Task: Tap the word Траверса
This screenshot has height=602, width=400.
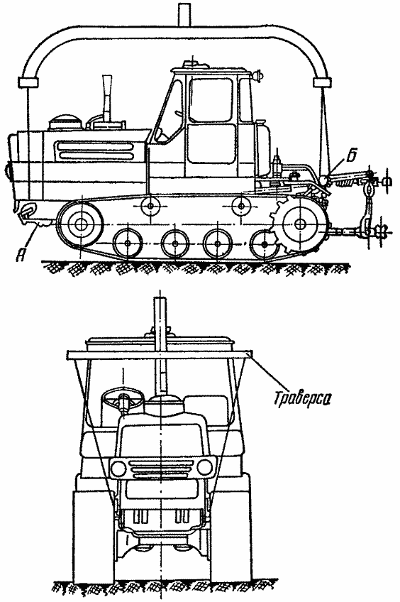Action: click(x=302, y=398)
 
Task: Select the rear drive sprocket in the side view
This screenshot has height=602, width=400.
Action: click(x=301, y=223)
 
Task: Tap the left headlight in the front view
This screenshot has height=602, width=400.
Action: click(x=118, y=467)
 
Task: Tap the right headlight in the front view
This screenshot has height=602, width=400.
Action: click(x=204, y=467)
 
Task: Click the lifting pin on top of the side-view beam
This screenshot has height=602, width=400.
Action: click(x=184, y=15)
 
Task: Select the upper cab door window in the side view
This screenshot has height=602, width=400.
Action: click(x=211, y=101)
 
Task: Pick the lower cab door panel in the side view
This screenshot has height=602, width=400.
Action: click(x=211, y=143)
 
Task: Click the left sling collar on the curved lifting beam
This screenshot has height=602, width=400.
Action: click(x=28, y=82)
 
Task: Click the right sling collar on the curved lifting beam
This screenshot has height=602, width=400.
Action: click(x=322, y=82)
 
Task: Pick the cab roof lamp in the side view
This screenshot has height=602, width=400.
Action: click(x=257, y=74)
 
